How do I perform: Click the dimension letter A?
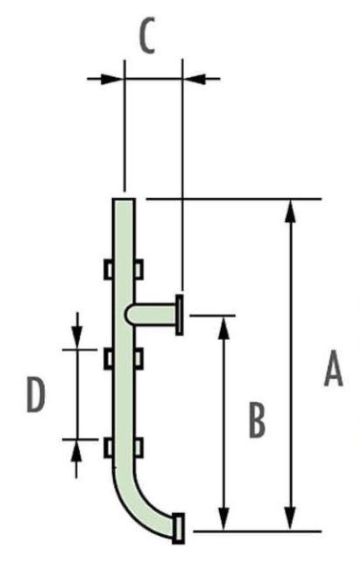334,369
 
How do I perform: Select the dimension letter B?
258,420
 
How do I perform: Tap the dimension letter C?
146,35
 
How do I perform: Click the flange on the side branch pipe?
180,315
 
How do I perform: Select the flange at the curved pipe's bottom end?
178,528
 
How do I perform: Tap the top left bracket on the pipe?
109,269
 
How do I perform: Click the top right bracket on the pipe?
138,269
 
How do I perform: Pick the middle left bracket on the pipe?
109,358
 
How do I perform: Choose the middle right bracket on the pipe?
138,358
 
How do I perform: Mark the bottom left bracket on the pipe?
109,447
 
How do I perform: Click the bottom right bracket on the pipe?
138,447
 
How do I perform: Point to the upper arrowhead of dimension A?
292,211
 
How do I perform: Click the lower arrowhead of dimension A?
291,518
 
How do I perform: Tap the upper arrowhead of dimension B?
223,327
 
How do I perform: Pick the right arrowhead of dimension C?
195,78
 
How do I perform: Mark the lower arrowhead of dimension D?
76,451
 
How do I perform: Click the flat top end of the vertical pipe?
124,199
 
